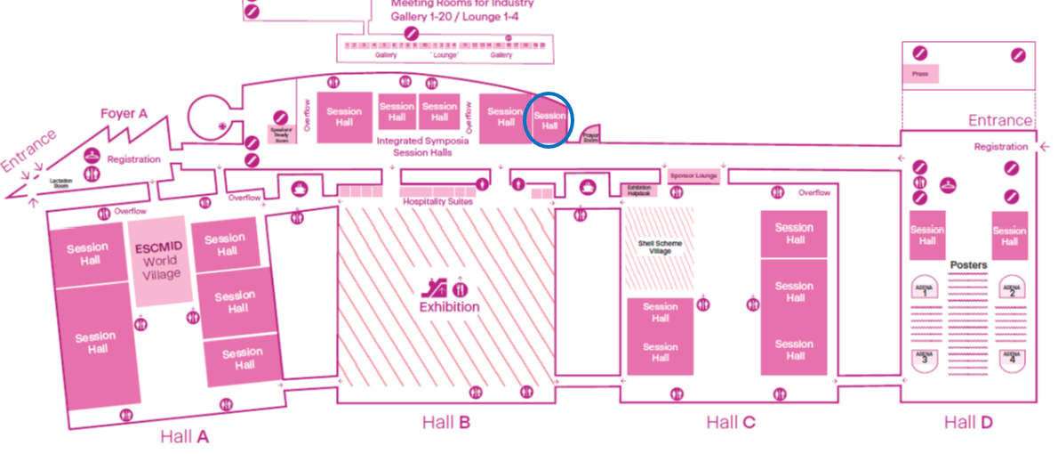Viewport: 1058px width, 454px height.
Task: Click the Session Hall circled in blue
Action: [549, 120]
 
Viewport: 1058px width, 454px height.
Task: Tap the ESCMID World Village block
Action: [161, 260]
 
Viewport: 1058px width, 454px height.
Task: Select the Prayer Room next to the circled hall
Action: [590, 136]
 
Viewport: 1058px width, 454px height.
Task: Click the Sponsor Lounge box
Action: [693, 176]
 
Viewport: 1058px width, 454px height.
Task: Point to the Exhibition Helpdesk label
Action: [639, 190]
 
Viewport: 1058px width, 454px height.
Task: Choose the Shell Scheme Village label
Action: [660, 247]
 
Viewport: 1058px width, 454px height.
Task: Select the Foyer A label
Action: [124, 113]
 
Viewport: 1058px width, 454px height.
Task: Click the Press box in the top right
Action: [921, 74]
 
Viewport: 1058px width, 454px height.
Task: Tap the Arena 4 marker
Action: [1010, 360]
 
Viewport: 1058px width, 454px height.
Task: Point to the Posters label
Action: [968, 265]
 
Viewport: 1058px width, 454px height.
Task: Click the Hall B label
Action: [445, 422]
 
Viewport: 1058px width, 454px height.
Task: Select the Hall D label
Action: [968, 422]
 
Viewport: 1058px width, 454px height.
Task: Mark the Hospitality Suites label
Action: [437, 202]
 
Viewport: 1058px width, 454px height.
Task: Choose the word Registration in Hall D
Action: [1000, 147]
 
